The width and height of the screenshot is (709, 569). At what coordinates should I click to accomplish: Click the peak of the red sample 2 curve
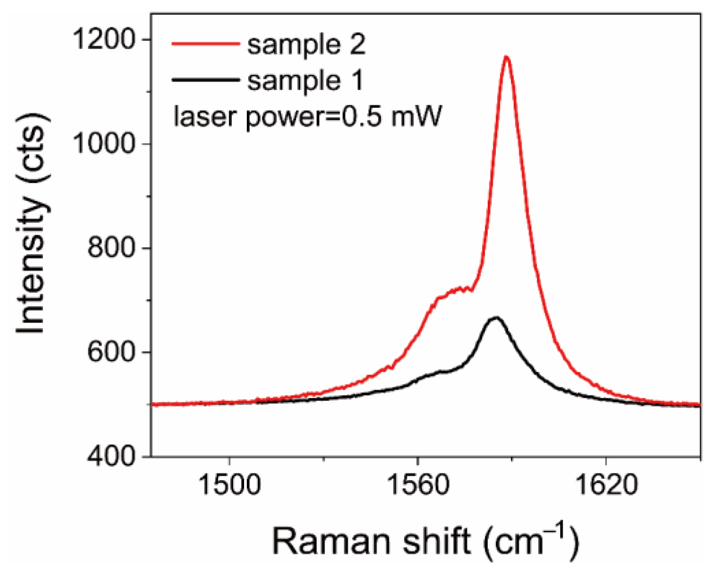tap(506, 57)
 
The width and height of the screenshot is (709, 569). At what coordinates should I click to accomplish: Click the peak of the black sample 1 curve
tap(495, 318)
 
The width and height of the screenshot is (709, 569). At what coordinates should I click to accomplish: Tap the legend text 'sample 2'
tap(306, 45)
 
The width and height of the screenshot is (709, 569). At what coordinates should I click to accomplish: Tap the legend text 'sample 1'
tap(305, 81)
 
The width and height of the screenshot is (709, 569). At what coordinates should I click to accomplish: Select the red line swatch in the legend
tap(206, 44)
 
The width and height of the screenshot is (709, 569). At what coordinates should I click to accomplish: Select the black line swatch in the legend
tap(206, 80)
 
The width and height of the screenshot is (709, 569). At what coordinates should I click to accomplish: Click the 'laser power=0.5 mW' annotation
tap(308, 117)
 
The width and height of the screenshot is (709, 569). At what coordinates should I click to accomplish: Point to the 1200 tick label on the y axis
tap(104, 40)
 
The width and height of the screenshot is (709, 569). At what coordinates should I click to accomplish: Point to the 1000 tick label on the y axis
tap(104, 144)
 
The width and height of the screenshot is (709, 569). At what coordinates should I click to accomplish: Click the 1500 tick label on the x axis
tap(230, 485)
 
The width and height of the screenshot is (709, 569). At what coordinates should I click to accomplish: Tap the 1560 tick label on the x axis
tap(418, 485)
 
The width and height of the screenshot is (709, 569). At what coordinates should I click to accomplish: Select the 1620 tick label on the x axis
tap(606, 485)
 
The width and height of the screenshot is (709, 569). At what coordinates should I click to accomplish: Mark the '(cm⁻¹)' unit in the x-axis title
tap(531, 540)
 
